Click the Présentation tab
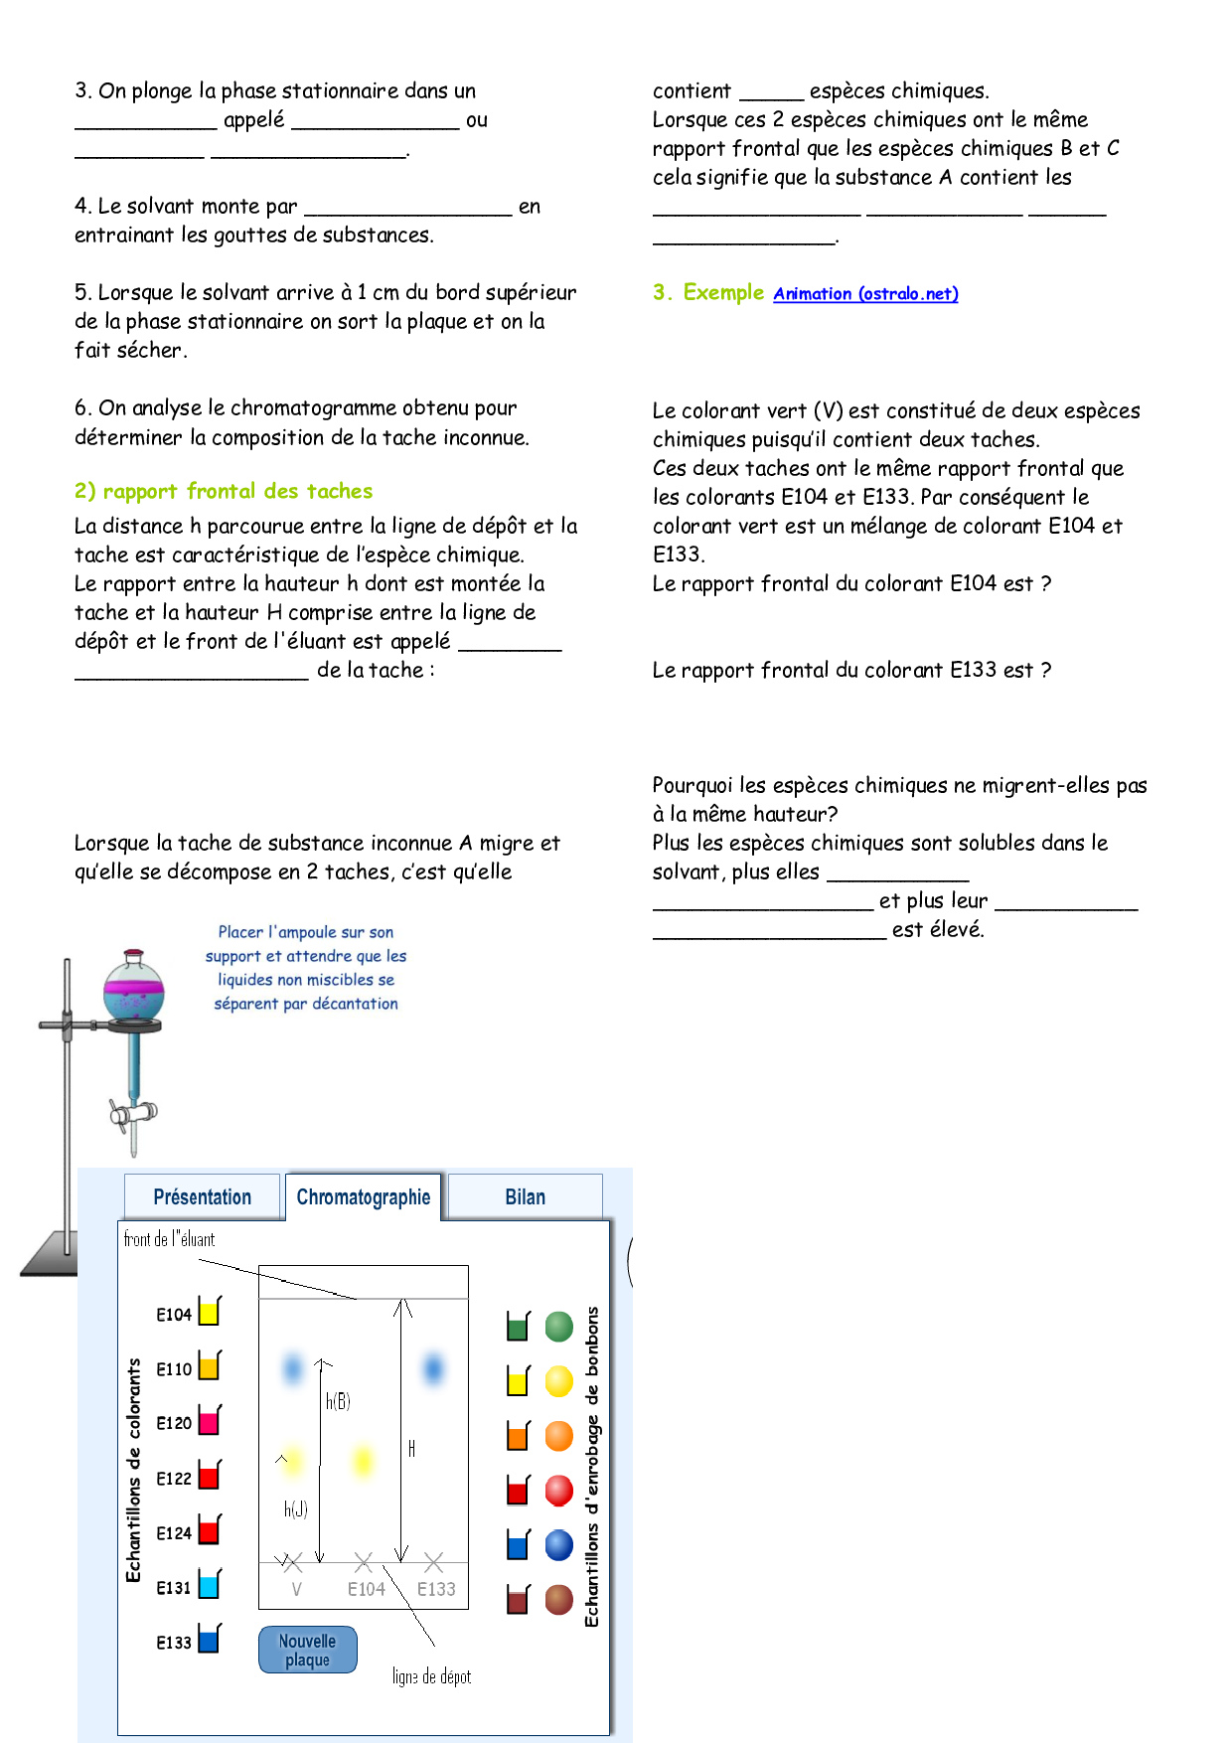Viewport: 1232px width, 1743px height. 202,1197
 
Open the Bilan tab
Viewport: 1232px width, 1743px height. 525,1197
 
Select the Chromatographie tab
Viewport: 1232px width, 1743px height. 363,1197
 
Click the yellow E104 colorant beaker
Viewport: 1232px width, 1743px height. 209,1312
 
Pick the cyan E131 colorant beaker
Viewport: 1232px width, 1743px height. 209,1585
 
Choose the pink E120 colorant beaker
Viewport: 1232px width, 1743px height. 209,1421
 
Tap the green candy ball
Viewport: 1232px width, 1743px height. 559,1326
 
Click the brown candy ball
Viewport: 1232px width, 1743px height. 559,1600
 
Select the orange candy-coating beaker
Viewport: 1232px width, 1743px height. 518,1436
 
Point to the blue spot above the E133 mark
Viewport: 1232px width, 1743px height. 433,1368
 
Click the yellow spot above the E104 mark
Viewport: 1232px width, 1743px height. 364,1461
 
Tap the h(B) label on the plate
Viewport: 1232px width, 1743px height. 338,1401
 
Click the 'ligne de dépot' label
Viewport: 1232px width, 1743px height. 431,1676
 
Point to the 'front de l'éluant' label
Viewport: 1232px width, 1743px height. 169,1239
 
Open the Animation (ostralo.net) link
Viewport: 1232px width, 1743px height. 865,293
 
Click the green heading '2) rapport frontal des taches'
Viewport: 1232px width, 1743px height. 224,491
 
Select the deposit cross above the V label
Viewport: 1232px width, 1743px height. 292,1562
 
